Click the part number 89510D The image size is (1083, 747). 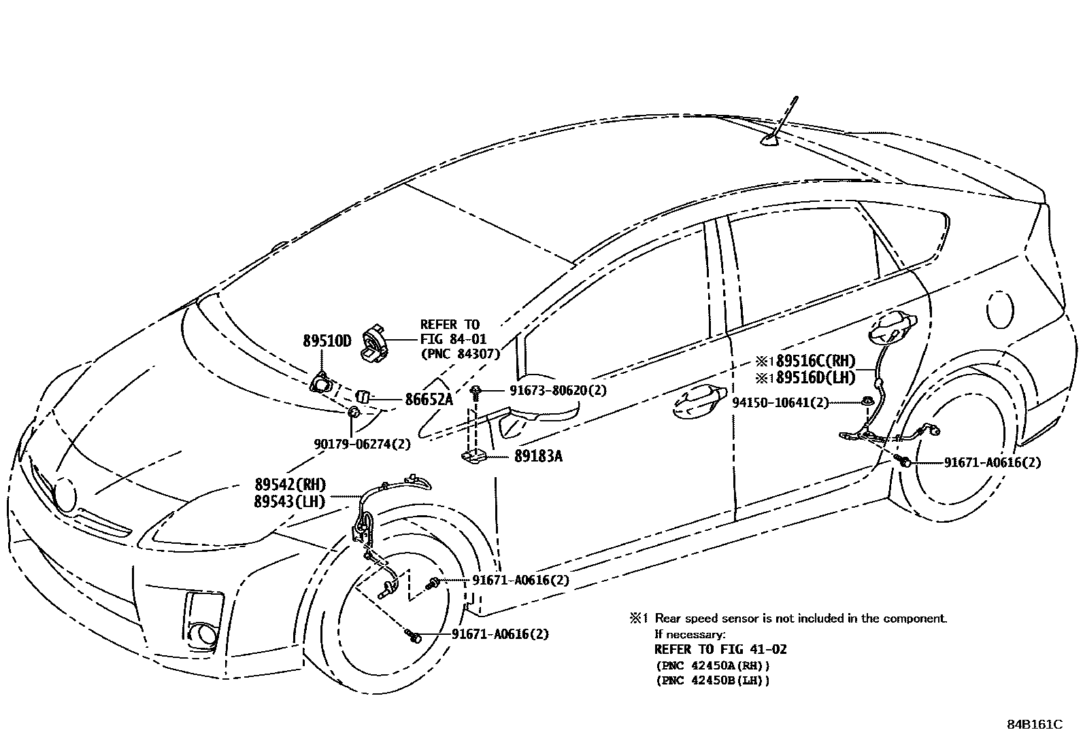pyautogui.click(x=327, y=341)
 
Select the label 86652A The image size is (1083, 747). pyautogui.click(x=429, y=400)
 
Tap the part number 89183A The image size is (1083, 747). pyautogui.click(x=538, y=457)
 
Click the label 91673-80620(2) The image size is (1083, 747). pyautogui.click(x=558, y=390)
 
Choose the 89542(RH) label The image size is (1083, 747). pyautogui.click(x=290, y=485)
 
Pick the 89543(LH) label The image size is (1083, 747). pyautogui.click(x=289, y=502)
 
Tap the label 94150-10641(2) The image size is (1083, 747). pyautogui.click(x=780, y=402)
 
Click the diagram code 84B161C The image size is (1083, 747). pyautogui.click(x=1034, y=725)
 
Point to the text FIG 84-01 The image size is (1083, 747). pyautogui.click(x=453, y=339)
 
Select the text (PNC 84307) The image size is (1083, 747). pyautogui.click(x=460, y=354)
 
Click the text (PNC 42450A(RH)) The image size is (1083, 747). pyautogui.click(x=712, y=665)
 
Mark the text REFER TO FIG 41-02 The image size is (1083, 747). pyautogui.click(x=720, y=650)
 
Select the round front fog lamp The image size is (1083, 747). pyautogui.click(x=203, y=633)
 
